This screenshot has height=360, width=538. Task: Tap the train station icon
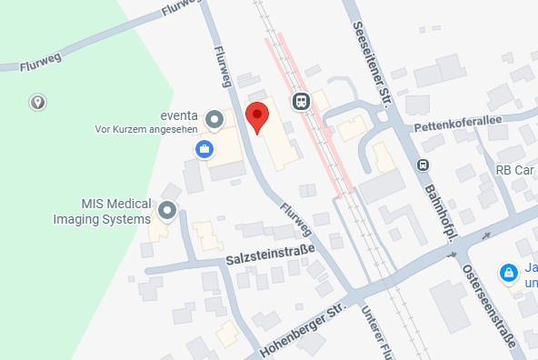(301, 100)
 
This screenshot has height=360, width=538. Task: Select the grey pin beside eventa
(214, 118)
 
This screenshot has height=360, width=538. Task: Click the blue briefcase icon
(205, 147)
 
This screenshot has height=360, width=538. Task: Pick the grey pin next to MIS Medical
(167, 212)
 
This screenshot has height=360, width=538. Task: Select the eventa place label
(181, 116)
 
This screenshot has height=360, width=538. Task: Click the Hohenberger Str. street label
(304, 332)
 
